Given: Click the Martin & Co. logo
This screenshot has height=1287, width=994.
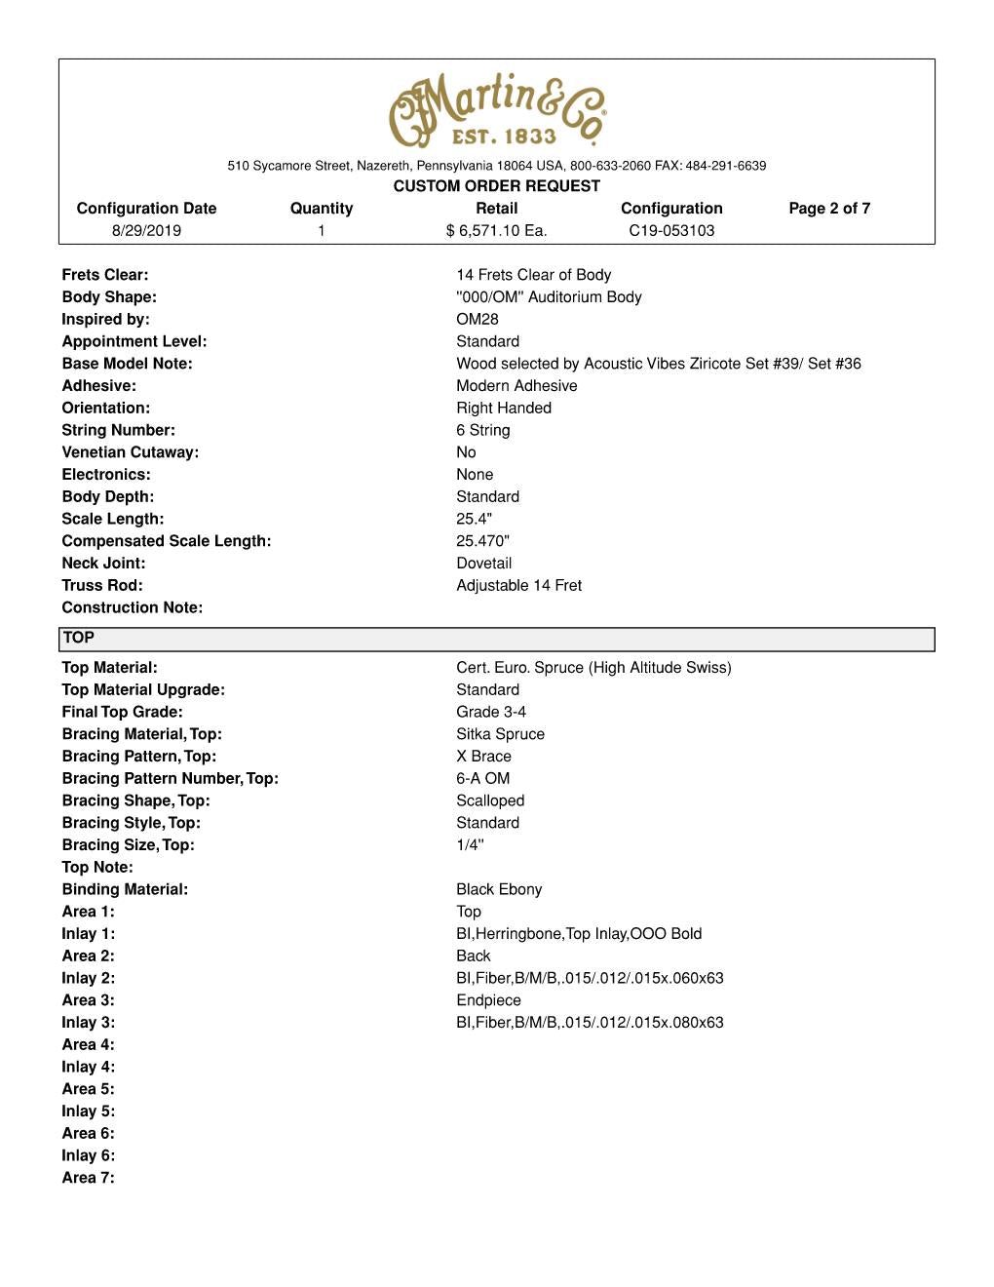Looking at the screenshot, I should pyautogui.click(x=497, y=109).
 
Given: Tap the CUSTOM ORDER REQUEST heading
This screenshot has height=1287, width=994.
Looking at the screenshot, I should pyautogui.click(x=497, y=186).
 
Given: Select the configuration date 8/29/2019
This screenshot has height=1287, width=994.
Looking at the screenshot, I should pyautogui.click(x=146, y=231).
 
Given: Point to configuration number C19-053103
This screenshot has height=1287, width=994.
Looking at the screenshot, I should pyautogui.click(x=671, y=231).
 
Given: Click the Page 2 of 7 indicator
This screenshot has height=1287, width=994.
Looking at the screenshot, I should pyautogui.click(x=829, y=209).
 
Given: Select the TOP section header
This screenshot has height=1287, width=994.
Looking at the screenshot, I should pyautogui.click(x=79, y=639).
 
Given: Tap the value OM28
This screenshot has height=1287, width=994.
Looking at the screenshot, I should pyautogui.click(x=478, y=320).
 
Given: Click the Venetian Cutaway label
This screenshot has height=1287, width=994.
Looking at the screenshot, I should pyautogui.click(x=130, y=452).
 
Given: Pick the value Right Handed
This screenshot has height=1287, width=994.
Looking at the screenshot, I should pyautogui.click(x=504, y=409).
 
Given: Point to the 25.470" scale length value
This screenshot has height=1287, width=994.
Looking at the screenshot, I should pyautogui.click(x=483, y=541).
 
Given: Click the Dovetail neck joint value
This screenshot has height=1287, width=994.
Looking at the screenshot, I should pyautogui.click(x=484, y=564).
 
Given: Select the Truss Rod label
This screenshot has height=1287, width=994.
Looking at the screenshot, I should pyautogui.click(x=102, y=586).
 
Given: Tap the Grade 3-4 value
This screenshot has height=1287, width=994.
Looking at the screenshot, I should pyautogui.click(x=491, y=713).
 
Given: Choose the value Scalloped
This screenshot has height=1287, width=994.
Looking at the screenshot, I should pyautogui.click(x=490, y=801).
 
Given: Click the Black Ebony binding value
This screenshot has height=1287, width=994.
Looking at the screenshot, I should pyautogui.click(x=499, y=890).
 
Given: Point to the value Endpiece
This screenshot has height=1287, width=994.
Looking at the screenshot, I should pyautogui.click(x=488, y=1001).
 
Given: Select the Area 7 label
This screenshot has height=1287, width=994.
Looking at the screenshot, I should pyautogui.click(x=88, y=1179).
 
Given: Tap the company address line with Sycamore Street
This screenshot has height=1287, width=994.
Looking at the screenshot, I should pyautogui.click(x=497, y=166).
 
